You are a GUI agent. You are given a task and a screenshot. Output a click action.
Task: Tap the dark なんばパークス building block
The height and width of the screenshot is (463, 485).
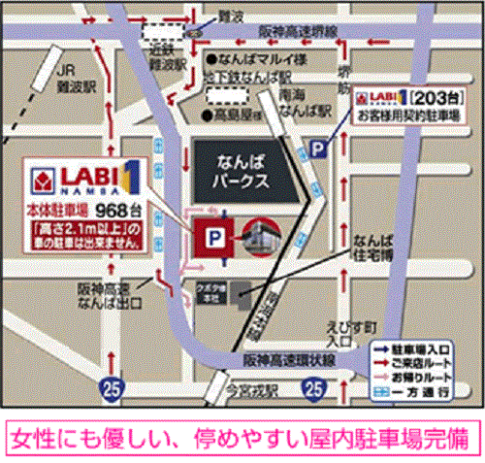pos(242,173)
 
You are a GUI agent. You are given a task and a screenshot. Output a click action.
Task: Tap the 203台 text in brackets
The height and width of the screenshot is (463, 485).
pos(427,99)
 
